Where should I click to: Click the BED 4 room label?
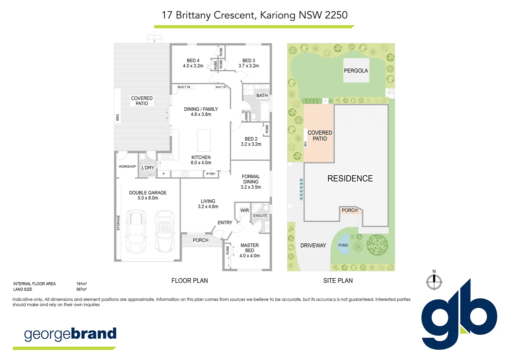click(x=193, y=61)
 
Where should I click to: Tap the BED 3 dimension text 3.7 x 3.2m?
click(x=249, y=66)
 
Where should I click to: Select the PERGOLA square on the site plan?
click(x=356, y=70)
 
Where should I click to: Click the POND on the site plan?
click(x=343, y=245)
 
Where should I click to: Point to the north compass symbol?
click(x=434, y=282)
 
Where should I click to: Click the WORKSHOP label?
click(x=127, y=167)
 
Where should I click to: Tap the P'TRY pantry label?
click(x=211, y=174)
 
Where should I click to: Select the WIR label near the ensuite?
click(x=245, y=211)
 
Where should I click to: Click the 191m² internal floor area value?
click(x=81, y=284)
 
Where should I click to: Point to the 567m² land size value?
click(x=81, y=289)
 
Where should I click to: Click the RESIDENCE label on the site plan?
click(x=350, y=179)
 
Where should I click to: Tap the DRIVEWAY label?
click(x=313, y=246)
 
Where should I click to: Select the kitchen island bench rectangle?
click(x=204, y=140)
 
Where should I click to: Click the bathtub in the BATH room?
click(x=265, y=111)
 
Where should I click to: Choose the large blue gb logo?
click(x=459, y=315)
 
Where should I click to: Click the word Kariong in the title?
click(x=277, y=15)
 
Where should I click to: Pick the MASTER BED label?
click(x=250, y=248)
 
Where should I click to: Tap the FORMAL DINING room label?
click(x=251, y=179)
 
